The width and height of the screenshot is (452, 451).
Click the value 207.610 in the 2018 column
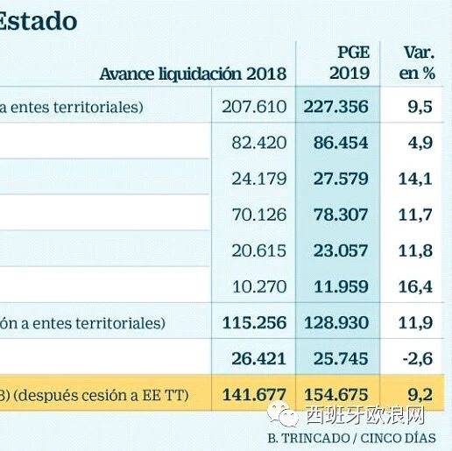pyautogui.click(x=254, y=107)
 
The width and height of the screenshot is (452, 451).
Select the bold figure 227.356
pyautogui.click(x=336, y=107)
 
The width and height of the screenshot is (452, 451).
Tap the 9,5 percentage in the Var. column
pyautogui.click(x=420, y=107)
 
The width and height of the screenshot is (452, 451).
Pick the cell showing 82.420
pyautogui.click(x=259, y=143)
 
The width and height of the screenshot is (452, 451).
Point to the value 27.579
pyautogui.click(x=341, y=179)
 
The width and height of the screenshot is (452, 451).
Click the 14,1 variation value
pyautogui.click(x=415, y=179)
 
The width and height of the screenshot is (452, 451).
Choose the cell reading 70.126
pyautogui.click(x=259, y=215)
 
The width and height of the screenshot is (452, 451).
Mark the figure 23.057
pyautogui.click(x=341, y=250)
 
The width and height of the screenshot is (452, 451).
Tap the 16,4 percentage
pyautogui.click(x=415, y=287)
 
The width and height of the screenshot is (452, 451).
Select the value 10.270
pyautogui.click(x=259, y=286)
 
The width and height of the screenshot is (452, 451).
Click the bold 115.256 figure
pyautogui.click(x=254, y=323)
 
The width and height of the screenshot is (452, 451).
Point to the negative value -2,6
pyautogui.click(x=418, y=359)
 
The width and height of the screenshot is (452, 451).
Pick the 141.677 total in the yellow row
pyautogui.click(x=254, y=395)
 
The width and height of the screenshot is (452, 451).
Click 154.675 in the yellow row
pyautogui.click(x=336, y=395)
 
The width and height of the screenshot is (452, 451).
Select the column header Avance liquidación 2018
pyautogui.click(x=193, y=74)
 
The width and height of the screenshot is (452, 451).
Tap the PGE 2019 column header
pyautogui.click(x=350, y=63)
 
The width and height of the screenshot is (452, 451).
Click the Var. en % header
pyautogui.click(x=417, y=63)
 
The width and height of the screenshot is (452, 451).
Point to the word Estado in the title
pyautogui.click(x=38, y=21)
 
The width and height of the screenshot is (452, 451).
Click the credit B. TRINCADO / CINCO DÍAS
pyautogui.click(x=352, y=438)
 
